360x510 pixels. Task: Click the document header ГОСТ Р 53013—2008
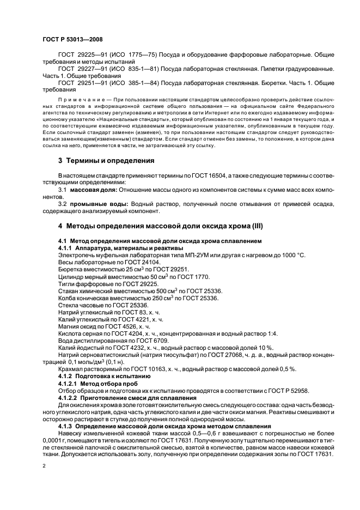(72, 39)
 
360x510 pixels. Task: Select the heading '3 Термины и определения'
(106, 161)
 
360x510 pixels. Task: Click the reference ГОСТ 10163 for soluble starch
(139, 369)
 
